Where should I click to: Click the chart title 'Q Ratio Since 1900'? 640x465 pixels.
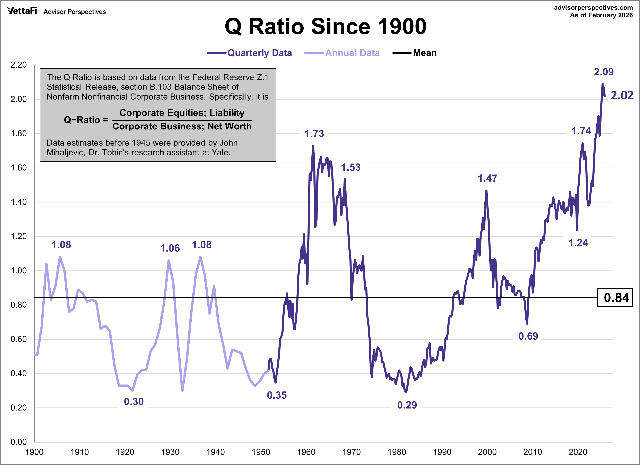tap(325, 27)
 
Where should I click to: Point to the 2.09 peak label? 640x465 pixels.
tap(604, 72)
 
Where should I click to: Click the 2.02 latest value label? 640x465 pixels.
tap(622, 95)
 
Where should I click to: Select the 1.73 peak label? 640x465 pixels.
tap(314, 134)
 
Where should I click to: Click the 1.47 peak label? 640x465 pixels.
tap(487, 178)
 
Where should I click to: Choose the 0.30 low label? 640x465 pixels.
tap(134, 401)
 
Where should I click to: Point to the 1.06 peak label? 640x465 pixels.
tap(170, 248)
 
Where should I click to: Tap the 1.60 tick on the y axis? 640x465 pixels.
tap(19, 168)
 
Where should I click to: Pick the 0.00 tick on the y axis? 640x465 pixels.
tap(19, 442)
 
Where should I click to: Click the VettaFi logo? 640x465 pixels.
tap(22, 11)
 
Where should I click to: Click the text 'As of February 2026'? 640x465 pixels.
tap(601, 15)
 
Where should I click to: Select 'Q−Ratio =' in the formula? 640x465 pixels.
tap(86, 120)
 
